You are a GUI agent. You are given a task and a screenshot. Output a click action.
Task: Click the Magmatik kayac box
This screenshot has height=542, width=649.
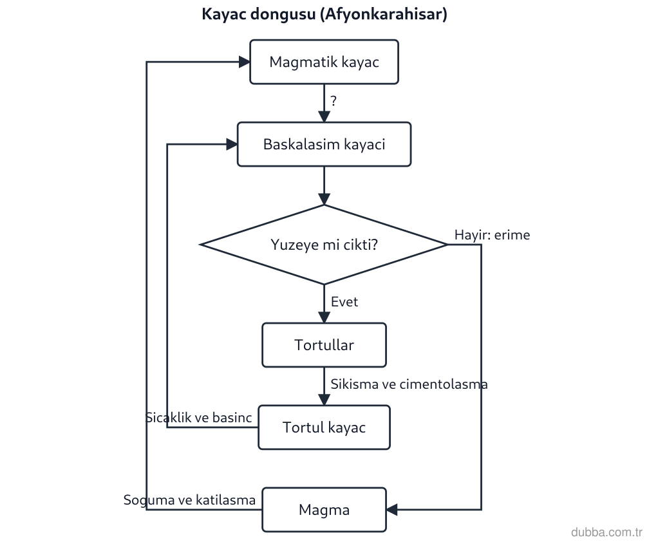pos(324,62)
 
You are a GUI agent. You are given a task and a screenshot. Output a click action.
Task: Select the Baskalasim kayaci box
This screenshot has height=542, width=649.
pos(324,144)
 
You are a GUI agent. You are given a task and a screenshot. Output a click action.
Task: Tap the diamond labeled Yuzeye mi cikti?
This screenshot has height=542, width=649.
pos(324,245)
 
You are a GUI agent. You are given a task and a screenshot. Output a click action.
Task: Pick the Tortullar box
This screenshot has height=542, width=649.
pos(324,345)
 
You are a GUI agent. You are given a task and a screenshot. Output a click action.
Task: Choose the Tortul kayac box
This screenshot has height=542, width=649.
pos(324,427)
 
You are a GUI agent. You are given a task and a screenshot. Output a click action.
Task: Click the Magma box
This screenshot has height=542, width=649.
pos(324,510)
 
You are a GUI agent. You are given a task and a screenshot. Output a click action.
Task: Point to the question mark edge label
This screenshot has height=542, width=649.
pos(334,100)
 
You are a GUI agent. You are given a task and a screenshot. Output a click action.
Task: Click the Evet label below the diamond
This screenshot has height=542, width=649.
pos(344,302)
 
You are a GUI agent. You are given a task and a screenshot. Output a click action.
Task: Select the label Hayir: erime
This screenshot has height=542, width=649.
pos(492,235)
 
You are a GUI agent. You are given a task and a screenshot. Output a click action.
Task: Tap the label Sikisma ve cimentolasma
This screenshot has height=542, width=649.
pos(409,384)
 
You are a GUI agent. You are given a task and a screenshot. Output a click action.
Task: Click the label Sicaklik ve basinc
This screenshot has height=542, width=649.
pos(199,418)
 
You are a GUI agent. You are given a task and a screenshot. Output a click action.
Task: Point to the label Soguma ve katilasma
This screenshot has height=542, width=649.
pos(189,500)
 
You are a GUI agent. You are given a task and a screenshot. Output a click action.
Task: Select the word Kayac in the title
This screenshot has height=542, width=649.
pos(224,14)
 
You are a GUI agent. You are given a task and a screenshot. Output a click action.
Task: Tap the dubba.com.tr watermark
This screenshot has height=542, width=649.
pos(607,532)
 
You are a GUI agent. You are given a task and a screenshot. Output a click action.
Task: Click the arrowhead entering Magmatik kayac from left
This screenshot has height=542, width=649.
pos(245,62)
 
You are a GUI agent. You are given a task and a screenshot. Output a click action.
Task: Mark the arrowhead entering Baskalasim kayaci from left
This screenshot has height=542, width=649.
pos(232,144)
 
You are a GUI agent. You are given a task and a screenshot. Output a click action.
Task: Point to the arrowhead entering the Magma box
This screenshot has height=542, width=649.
pos(392,510)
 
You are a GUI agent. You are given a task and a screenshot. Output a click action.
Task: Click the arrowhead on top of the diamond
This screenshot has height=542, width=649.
pos(324,200)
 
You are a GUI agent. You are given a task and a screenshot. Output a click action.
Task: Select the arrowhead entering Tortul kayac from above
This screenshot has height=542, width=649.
pos(324,400)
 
